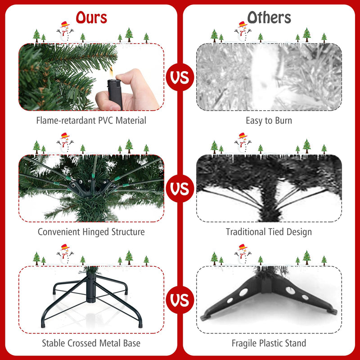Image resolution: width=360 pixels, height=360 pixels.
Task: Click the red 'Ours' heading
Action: pos(91,17)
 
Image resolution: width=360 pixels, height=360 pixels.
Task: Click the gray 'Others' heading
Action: pos(269,17)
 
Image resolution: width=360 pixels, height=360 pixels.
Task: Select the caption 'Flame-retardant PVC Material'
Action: pos(91,121)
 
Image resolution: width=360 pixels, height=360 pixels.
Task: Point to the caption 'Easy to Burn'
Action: pos(269,121)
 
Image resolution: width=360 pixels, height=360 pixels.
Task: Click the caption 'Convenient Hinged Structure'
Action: pos(91,232)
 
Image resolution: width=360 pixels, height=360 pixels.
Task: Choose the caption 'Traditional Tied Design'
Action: pos(269,232)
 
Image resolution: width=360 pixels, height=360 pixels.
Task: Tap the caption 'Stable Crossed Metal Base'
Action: pos(91,343)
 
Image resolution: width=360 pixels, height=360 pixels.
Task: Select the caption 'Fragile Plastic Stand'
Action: pos(269,343)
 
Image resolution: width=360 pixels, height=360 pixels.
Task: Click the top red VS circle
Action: pos(180,76)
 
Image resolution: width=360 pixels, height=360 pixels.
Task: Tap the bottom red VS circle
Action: pos(180,299)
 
